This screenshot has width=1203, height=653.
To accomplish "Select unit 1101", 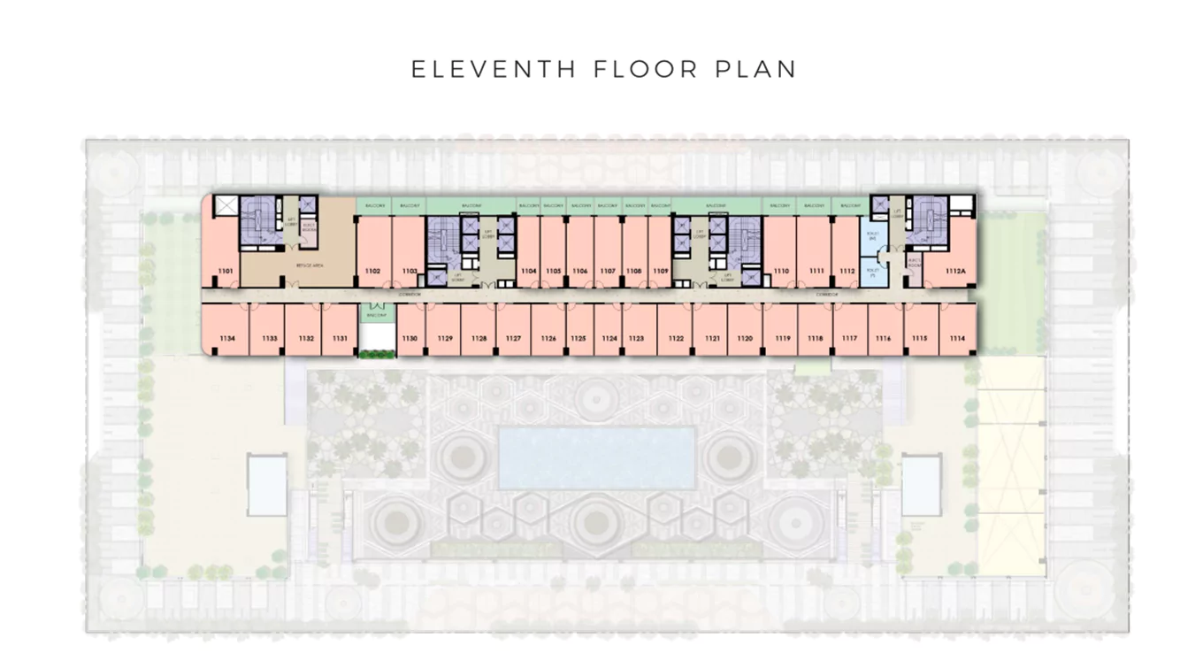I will (x=226, y=271).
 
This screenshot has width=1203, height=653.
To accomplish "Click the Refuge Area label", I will (x=308, y=265).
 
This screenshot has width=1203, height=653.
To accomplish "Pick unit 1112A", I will (x=955, y=271).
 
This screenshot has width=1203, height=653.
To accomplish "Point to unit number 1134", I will (x=228, y=339).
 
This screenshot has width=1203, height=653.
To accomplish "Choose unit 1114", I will (x=957, y=339).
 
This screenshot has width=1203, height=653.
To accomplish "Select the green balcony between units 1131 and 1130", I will (x=377, y=314).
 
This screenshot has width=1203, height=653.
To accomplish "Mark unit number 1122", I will (x=676, y=339).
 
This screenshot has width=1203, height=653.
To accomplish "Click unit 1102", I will (x=373, y=271).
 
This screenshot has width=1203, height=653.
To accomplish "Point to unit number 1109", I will (x=660, y=271).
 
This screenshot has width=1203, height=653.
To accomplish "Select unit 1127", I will (x=513, y=339).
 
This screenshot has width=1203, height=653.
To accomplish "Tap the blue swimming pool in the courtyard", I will (x=597, y=457).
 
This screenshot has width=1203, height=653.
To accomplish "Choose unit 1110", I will (x=781, y=271).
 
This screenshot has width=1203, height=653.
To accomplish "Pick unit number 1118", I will (x=815, y=339).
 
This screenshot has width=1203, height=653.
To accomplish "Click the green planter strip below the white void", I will (x=378, y=354).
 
